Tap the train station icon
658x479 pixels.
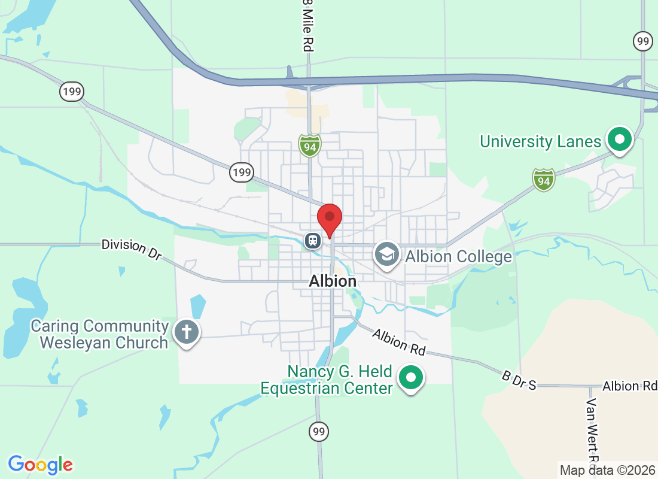[312, 241]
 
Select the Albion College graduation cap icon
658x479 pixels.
[387, 254]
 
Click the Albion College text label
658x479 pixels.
[458, 257]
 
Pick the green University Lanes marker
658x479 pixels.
[620, 141]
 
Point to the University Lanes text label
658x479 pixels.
[540, 142]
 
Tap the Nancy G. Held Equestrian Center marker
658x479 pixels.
[411, 378]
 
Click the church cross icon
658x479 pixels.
[186, 331]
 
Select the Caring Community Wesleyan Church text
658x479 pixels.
[99, 335]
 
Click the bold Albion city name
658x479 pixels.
[333, 281]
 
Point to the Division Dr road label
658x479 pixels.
[132, 249]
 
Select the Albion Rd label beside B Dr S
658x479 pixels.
[629, 386]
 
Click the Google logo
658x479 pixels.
[41, 465]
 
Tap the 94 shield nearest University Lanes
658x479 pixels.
[543, 179]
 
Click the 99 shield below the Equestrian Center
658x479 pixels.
[319, 431]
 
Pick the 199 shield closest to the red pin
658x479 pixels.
[242, 173]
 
